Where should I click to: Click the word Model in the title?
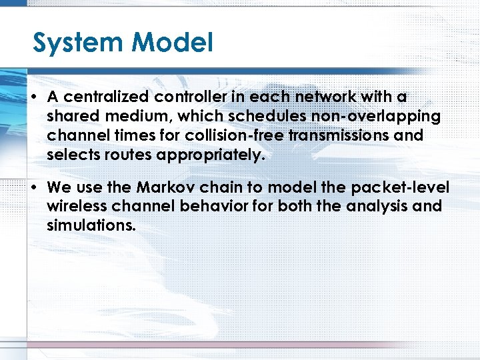(172, 43)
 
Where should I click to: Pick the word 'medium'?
(134, 117)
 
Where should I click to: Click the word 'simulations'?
(91, 226)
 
